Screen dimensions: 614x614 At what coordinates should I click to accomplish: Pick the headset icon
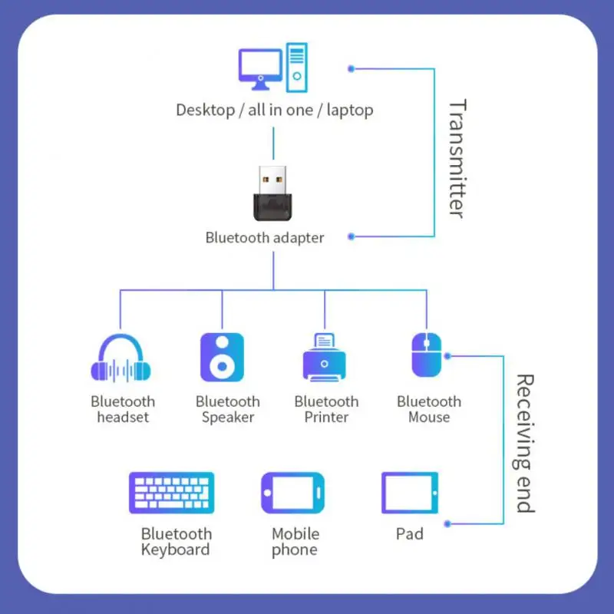pyautogui.click(x=121, y=358)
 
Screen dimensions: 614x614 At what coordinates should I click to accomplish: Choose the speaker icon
pyautogui.click(x=222, y=357)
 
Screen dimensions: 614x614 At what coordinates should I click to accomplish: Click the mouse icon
pyautogui.click(x=426, y=355)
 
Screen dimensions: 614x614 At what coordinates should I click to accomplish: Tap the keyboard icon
pyautogui.click(x=172, y=493)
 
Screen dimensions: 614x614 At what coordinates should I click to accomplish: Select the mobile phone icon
pyautogui.click(x=292, y=493)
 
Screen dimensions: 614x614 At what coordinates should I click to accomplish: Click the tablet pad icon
pyautogui.click(x=410, y=493)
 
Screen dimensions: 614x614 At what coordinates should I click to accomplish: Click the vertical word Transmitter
pyautogui.click(x=457, y=158)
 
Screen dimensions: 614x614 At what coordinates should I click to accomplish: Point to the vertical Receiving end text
pyautogui.click(x=524, y=443)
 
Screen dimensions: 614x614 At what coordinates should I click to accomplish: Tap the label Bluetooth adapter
pyautogui.click(x=264, y=238)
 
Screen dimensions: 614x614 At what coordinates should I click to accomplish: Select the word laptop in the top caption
pyautogui.click(x=350, y=110)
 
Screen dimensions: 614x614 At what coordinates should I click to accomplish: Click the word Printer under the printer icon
pyautogui.click(x=326, y=418)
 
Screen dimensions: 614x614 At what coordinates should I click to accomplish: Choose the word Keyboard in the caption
pyautogui.click(x=175, y=550)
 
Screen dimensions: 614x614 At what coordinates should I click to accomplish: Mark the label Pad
pyautogui.click(x=410, y=533)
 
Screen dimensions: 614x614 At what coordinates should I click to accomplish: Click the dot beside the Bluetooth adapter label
pyautogui.click(x=351, y=236)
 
